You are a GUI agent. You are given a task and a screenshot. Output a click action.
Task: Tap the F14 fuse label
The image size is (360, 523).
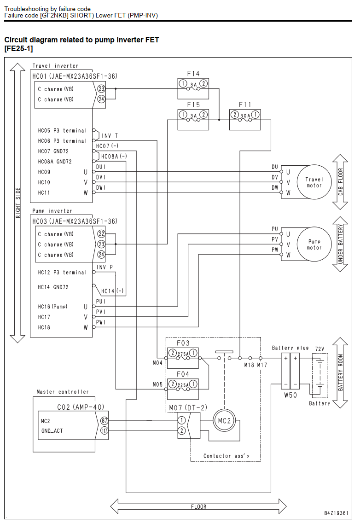193,73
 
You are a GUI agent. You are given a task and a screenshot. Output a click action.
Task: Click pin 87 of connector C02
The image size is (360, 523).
104,421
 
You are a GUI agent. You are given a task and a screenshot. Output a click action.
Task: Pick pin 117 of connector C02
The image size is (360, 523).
104,430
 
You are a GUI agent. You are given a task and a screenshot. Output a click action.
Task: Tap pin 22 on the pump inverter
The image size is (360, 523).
101,234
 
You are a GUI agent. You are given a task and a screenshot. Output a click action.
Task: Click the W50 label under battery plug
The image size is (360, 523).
290,395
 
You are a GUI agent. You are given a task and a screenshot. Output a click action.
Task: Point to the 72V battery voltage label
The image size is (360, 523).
319,349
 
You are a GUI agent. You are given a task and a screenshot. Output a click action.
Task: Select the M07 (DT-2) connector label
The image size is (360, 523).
188,407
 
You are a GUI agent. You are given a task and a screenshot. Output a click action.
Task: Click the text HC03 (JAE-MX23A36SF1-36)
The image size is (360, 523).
75,221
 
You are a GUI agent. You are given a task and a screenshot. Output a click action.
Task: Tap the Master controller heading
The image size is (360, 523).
63,392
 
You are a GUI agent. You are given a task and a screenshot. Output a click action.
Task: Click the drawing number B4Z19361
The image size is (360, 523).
336,513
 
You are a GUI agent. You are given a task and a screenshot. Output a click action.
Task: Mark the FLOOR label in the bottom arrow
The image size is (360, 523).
198,506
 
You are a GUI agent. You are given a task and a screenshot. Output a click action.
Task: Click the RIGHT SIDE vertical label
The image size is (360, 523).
18,203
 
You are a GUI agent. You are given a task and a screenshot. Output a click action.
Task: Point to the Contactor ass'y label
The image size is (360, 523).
226,456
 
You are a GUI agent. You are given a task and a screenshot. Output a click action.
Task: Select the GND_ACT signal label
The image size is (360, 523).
52,431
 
